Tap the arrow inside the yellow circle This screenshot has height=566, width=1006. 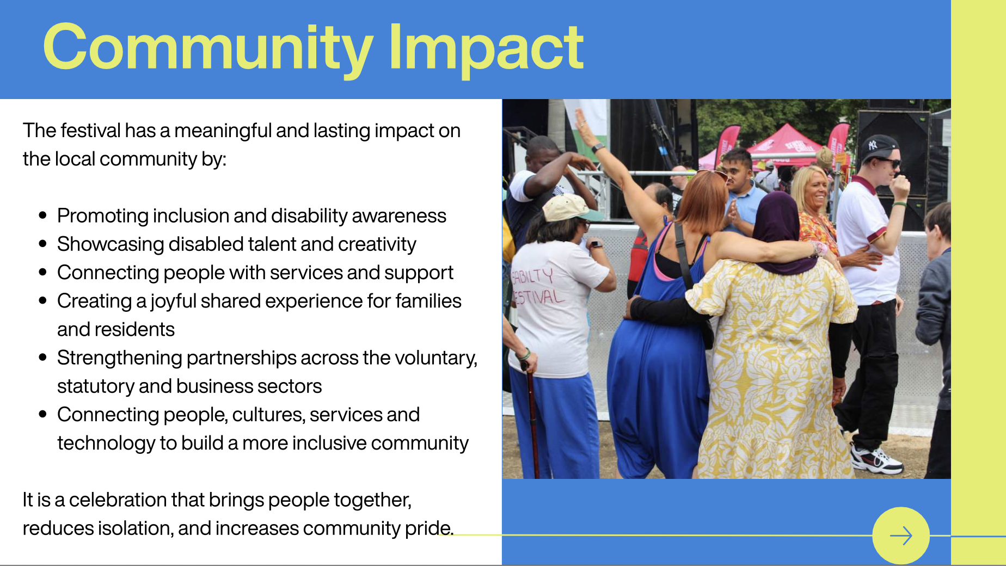tap(901, 536)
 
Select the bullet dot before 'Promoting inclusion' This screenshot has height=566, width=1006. tap(43, 216)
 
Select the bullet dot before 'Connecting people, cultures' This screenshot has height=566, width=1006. tap(43, 414)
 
